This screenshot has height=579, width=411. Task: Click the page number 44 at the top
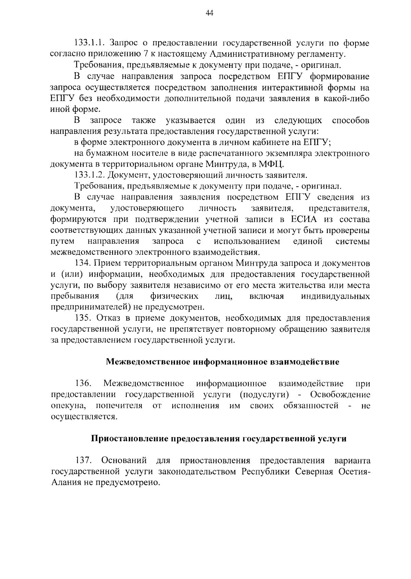pyautogui.click(x=209, y=13)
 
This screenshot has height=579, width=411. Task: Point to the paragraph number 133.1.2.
pyautogui.click(x=90, y=175)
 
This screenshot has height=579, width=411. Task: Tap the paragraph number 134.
pyautogui.click(x=83, y=263)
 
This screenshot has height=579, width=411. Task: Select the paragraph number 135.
pyautogui.click(x=83, y=318)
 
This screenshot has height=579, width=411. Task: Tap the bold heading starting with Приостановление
pyautogui.click(x=219, y=439)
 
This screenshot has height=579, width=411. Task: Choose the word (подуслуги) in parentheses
pyautogui.click(x=264, y=395)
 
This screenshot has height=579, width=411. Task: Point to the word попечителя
pyautogui.click(x=119, y=406)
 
